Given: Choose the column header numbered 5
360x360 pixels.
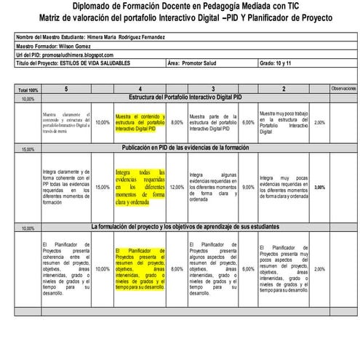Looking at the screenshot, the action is [66, 88].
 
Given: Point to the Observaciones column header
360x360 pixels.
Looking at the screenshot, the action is [343, 88].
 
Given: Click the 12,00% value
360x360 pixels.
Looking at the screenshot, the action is [177, 187].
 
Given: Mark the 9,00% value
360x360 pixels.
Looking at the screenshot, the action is [249, 187].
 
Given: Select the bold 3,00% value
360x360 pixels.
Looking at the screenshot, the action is [320, 187].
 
